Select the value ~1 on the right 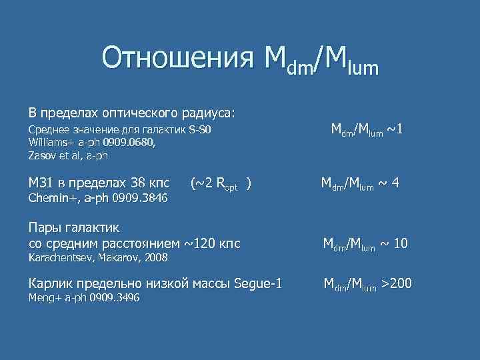point(391,129)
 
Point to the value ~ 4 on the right point(387,183)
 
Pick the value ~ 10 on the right point(394,244)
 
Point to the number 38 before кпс point(138,183)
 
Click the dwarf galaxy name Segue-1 point(258,284)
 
